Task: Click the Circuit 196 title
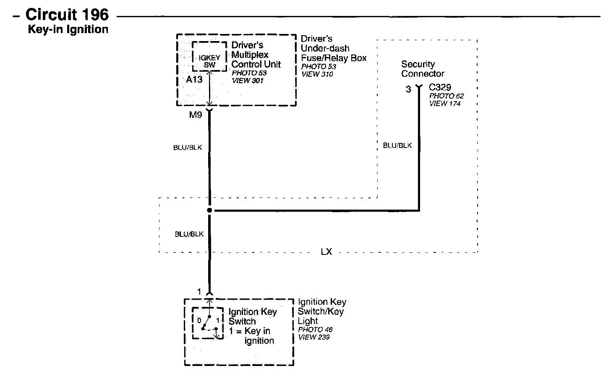(67, 15)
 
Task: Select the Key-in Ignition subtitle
(68, 29)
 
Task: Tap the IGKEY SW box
(209, 62)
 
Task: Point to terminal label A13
(194, 79)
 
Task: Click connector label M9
(196, 114)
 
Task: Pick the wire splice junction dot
(210, 210)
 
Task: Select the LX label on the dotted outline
(326, 252)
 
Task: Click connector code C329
(440, 88)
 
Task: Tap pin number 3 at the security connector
(408, 89)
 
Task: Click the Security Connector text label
(422, 69)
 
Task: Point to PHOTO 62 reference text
(446, 96)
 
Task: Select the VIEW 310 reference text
(317, 74)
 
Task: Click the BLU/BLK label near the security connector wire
(397, 145)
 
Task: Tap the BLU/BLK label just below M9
(188, 148)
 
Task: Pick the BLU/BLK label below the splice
(189, 234)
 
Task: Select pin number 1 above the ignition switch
(200, 292)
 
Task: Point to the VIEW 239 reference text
(313, 337)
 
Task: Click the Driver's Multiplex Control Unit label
(256, 55)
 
